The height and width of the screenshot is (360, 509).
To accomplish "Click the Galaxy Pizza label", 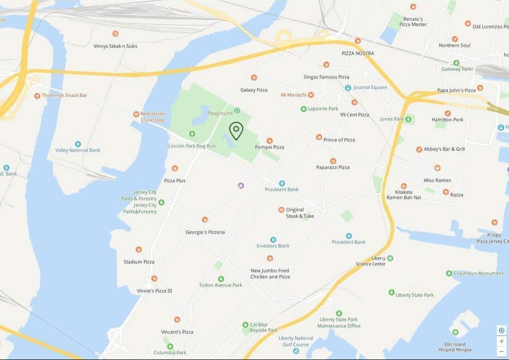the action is point(254,90).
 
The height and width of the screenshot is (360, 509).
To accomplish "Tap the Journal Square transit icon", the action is point(348,88).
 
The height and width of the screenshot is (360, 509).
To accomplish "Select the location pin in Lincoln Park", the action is point(236,131).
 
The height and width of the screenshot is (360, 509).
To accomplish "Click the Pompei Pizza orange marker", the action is point(270,141).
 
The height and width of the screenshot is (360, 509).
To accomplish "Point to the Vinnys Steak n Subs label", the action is point(116,46).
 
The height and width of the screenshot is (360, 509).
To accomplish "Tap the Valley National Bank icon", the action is point(78,144).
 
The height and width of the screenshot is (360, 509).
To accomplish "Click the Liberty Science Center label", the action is point(371,261).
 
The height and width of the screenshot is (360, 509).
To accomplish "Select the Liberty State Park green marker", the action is point(391,292).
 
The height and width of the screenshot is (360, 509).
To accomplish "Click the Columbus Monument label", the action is point(478,273).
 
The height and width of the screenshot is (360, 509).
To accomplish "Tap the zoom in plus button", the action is point(501,341).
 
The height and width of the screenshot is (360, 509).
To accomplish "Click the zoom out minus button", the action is point(501,351).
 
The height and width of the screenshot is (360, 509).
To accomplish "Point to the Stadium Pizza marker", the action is point(138,250).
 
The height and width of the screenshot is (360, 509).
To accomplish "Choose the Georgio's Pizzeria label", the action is point(205,232).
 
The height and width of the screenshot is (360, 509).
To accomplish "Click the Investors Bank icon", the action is point(273,239).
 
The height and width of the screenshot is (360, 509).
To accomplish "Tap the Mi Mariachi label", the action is point(293,95).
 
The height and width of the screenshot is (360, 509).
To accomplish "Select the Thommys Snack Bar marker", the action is point(37,96).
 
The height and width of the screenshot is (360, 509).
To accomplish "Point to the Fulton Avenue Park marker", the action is point(221,279).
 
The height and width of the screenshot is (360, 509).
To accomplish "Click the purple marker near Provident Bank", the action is point(241,185).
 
